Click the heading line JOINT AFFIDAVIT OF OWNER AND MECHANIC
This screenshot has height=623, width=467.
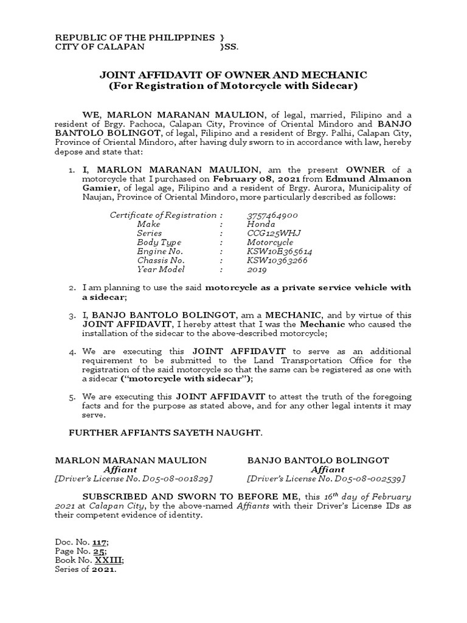point(233,75)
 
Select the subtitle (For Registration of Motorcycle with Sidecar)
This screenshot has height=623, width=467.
point(233,86)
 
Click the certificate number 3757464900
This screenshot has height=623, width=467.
point(272,215)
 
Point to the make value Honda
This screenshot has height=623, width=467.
point(260,224)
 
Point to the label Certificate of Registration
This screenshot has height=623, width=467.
point(163,215)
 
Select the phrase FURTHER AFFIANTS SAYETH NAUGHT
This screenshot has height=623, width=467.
point(159,433)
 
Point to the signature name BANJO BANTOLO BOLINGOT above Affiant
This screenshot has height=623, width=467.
point(318,461)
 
